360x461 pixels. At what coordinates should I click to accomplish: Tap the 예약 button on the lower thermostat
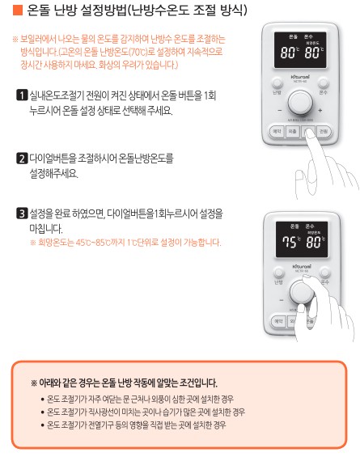pos(276,321)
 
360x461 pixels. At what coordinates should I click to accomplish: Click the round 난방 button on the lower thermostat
pos(277,281)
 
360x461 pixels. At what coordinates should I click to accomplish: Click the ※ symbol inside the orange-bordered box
pos(34,383)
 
